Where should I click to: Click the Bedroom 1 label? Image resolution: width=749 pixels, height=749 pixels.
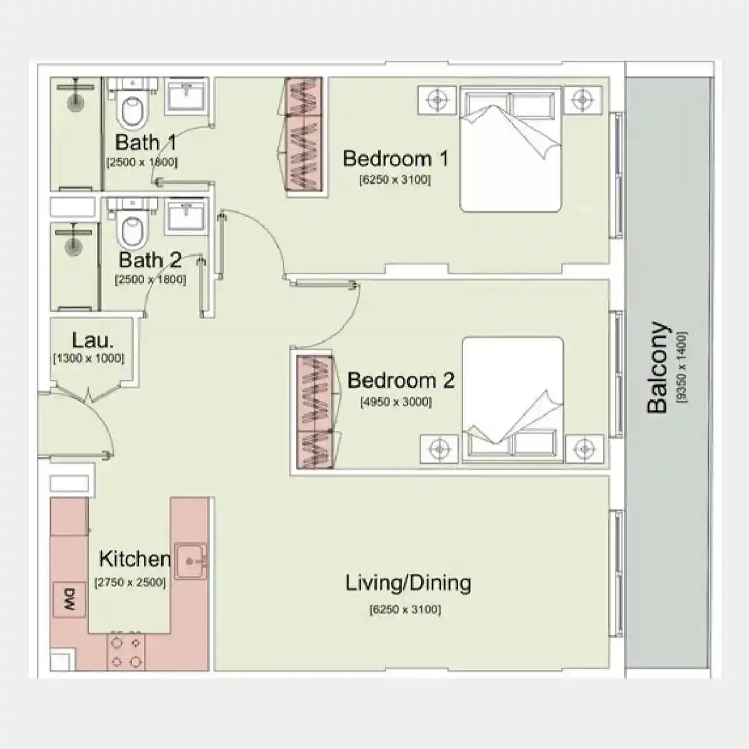395,158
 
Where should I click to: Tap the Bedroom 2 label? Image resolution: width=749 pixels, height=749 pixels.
400,380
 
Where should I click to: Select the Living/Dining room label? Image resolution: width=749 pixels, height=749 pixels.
408,583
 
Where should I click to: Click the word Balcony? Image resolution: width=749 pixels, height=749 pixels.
657,368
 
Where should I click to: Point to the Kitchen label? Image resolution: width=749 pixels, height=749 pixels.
135,558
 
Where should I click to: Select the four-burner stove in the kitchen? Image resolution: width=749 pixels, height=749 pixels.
126,651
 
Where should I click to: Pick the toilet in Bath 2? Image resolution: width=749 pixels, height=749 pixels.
132,229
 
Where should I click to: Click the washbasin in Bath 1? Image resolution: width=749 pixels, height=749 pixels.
186,97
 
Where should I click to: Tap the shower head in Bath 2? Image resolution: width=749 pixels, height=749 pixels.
74,243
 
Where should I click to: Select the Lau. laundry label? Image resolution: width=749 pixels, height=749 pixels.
93,340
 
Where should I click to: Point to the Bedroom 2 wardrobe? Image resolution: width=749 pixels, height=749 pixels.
313,412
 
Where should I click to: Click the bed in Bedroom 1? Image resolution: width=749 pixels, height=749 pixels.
511,149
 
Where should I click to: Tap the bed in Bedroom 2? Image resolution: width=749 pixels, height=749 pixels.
512,400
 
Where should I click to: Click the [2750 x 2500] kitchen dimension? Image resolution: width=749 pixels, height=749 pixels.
130,583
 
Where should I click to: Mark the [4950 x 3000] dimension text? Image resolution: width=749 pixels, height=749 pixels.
395,402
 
